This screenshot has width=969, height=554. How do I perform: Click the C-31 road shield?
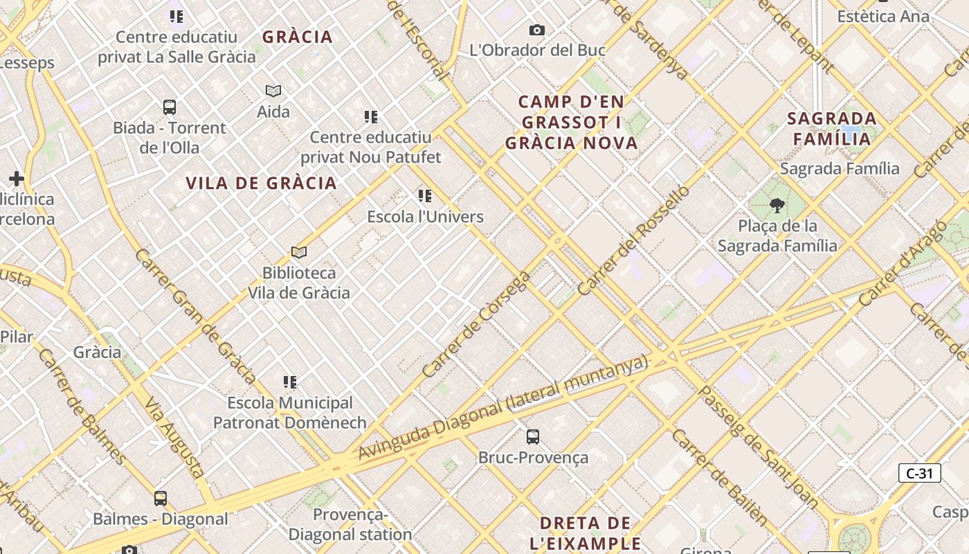pyautogui.click(x=919, y=474)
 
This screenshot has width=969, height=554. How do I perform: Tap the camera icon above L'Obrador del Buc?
pyautogui.click(x=536, y=30)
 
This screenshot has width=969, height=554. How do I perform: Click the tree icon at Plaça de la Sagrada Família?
pyautogui.click(x=777, y=205)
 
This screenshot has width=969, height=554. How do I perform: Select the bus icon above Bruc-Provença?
pyautogui.click(x=532, y=437)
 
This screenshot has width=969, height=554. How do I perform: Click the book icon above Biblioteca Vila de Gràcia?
pyautogui.click(x=298, y=253)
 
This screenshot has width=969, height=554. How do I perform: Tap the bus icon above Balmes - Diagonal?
pyautogui.click(x=160, y=499)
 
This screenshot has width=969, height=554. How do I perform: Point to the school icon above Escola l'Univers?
pyautogui.click(x=424, y=196)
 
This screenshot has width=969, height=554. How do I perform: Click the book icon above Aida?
pyautogui.click(x=273, y=91)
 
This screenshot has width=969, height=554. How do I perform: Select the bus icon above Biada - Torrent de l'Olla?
pyautogui.click(x=170, y=107)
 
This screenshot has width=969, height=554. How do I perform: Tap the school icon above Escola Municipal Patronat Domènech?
pyautogui.click(x=290, y=382)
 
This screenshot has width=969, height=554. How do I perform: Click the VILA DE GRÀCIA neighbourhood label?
pyautogui.click(x=262, y=184)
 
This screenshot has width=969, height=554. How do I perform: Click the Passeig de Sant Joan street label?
pyautogui.click(x=759, y=447)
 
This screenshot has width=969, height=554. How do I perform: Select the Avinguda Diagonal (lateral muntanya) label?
pyautogui.click(x=503, y=407)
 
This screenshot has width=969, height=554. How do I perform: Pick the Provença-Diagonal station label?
pyautogui.click(x=350, y=524)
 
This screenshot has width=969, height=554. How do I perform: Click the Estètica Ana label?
pyautogui.click(x=882, y=16)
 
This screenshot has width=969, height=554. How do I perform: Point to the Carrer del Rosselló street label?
pyautogui.click(x=633, y=240)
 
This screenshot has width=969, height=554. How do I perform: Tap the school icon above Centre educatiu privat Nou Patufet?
pyautogui.click(x=371, y=117)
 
